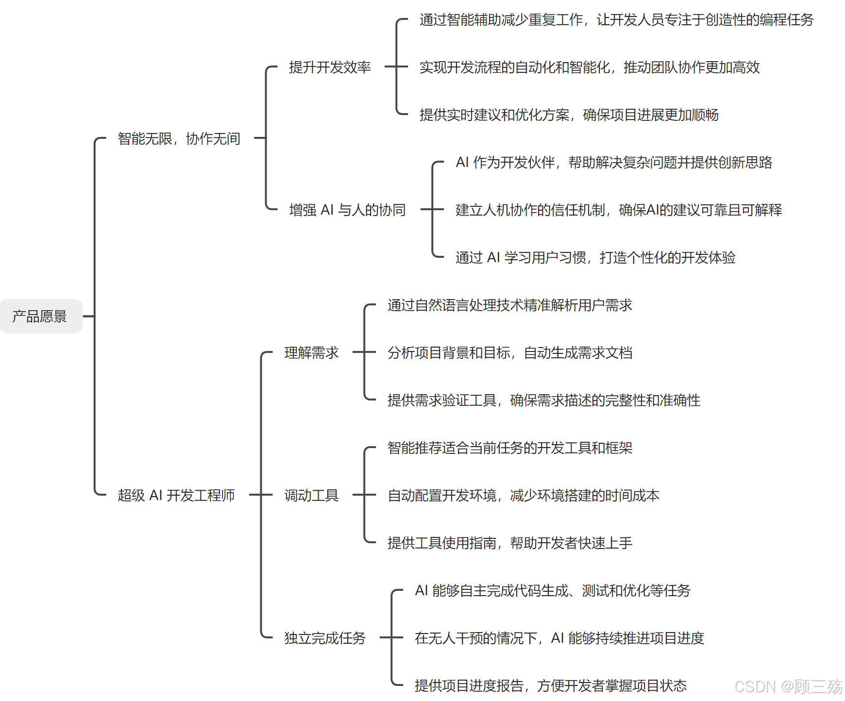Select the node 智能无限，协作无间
[x=179, y=138]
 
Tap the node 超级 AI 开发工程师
[x=176, y=495]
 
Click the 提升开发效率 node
[x=329, y=67]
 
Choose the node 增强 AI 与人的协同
[x=347, y=210]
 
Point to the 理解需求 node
[x=311, y=352]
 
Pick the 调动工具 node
[x=311, y=495]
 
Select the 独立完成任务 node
[x=324, y=638]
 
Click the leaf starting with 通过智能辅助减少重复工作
[x=616, y=19]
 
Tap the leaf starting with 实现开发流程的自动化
[x=589, y=67]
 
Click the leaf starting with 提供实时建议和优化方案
[x=569, y=115]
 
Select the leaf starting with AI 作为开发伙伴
[x=613, y=162]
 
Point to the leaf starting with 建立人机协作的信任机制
[x=618, y=210]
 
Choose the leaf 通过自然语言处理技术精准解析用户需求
[x=509, y=305]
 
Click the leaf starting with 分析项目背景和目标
[x=509, y=352]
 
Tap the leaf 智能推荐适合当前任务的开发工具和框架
[x=509, y=448]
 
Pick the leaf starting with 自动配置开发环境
[x=523, y=495]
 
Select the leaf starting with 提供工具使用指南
[x=509, y=543]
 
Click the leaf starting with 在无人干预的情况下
[x=559, y=638]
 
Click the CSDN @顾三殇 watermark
[x=788, y=686]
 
